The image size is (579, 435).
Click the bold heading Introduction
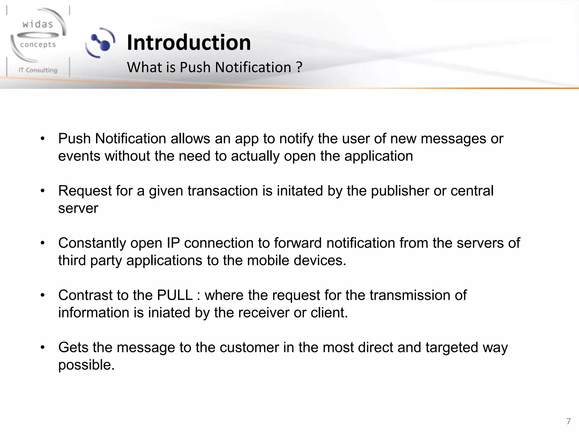(189, 42)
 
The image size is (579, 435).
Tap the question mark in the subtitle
(299, 67)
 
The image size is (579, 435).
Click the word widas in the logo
(38, 24)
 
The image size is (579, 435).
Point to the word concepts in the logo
(38, 45)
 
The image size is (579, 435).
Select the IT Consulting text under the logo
(38, 70)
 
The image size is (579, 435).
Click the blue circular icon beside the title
(101, 43)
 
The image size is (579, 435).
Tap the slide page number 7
(569, 421)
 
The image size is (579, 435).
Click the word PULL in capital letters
(175, 295)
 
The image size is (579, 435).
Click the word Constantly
(92, 243)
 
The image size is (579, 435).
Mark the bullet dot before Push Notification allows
(43, 139)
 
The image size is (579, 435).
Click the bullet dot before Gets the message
(43, 347)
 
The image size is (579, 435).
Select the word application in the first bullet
(379, 156)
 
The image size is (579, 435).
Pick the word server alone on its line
(78, 208)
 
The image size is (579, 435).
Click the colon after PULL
(199, 296)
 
